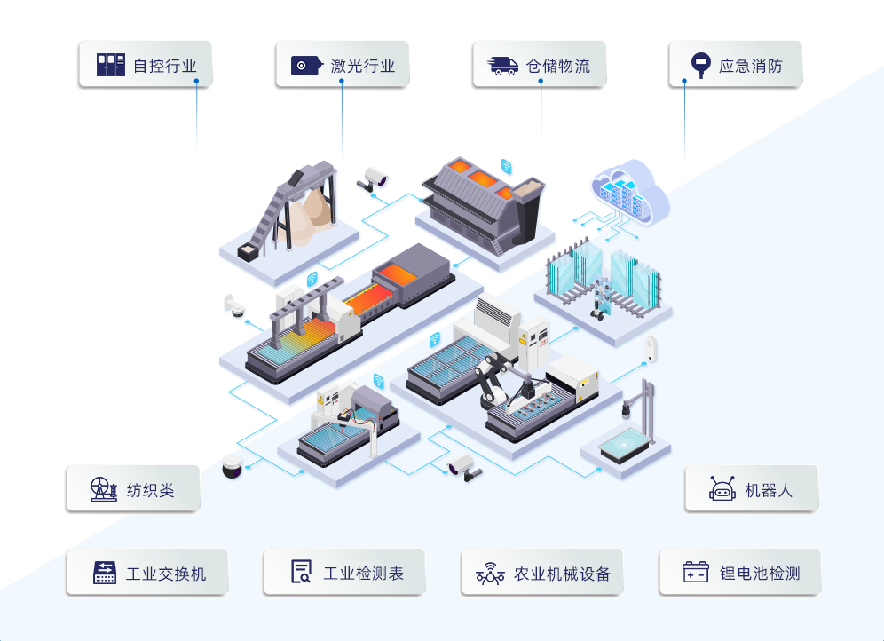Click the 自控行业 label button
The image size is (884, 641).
[x=146, y=65]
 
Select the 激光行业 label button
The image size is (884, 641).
[x=342, y=65]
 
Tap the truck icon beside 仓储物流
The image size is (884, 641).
[x=503, y=65]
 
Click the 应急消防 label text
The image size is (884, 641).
[x=750, y=66]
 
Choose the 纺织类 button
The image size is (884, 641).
[x=132, y=489]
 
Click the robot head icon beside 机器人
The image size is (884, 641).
[x=722, y=489]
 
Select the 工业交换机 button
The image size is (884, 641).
[x=146, y=573]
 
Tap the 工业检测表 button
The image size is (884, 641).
[x=343, y=573]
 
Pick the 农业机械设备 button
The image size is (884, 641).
[x=541, y=573]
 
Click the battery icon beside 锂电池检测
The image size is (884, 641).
[x=695, y=573]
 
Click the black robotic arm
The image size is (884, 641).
[x=491, y=377]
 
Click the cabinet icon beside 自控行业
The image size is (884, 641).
[x=111, y=65]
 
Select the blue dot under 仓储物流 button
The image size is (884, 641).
[x=541, y=83]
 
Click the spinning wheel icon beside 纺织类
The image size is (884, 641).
[x=103, y=489]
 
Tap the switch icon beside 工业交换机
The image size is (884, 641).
[x=106, y=573]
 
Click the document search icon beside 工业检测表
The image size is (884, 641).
[x=302, y=573]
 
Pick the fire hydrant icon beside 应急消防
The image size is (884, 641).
[x=700, y=65]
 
